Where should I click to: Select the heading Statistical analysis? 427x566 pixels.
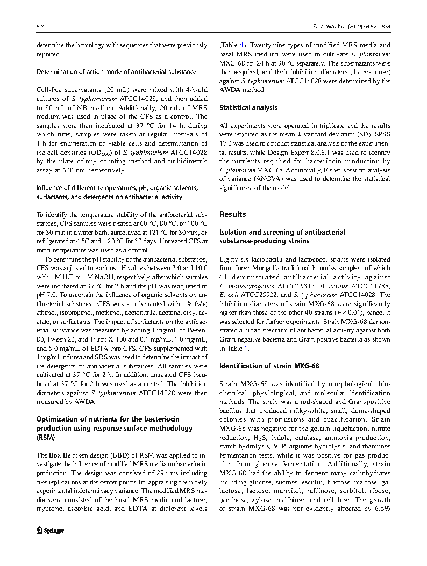point(248,107)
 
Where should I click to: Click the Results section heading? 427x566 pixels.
point(233,214)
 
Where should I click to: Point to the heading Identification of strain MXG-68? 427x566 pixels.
point(269,366)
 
